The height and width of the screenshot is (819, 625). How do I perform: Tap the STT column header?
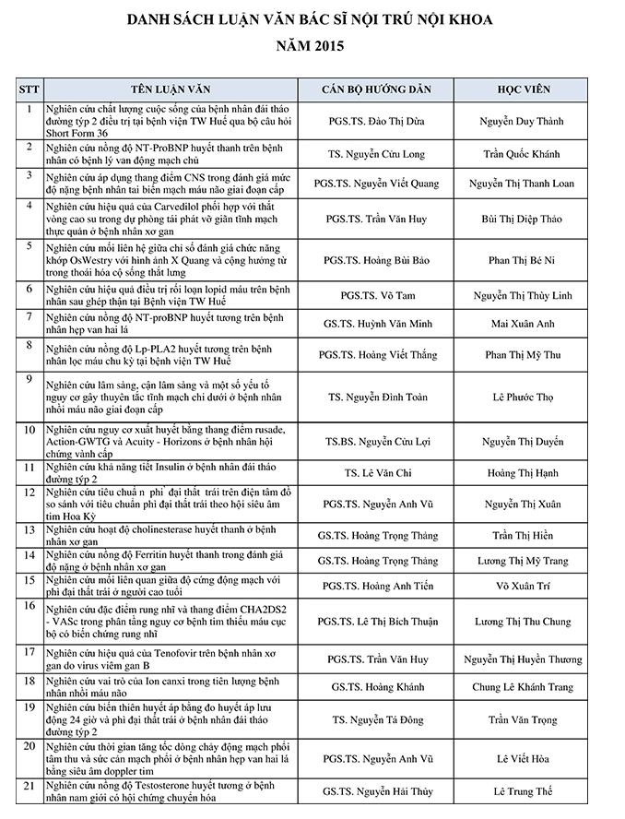29,89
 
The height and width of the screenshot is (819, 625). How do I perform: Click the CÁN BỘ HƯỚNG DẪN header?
380,89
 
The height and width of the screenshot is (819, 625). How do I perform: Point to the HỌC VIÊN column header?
522,89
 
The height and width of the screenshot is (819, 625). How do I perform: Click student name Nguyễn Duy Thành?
522,121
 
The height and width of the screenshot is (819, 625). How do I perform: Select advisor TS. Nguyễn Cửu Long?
380,154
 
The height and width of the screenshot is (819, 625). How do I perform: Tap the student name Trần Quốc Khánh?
522,154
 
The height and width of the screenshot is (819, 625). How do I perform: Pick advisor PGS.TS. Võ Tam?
380,295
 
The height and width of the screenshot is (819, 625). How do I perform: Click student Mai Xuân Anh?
522,324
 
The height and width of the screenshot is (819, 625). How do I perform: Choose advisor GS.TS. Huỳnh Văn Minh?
380,324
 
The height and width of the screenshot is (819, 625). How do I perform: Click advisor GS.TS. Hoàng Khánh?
380,686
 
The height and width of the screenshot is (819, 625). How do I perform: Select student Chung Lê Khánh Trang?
522,686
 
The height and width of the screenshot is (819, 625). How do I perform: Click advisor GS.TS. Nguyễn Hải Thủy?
380,791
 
